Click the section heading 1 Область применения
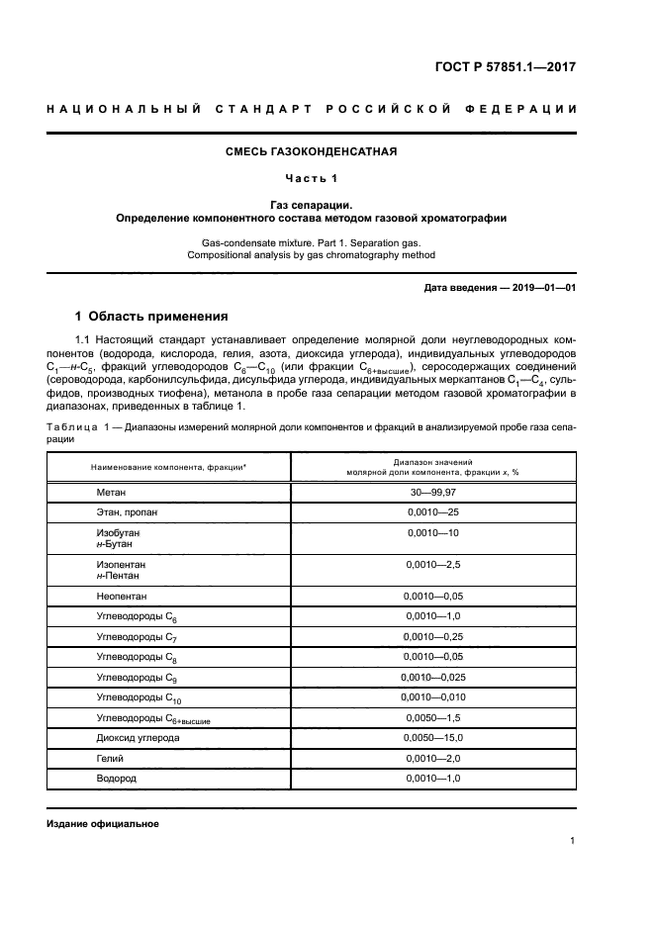tap(151, 317)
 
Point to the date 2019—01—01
tap(540, 287)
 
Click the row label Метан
tap(111, 492)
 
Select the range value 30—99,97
tap(432, 492)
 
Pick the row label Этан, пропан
tap(126, 512)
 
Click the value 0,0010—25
tap(432, 512)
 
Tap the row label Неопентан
tap(123, 598)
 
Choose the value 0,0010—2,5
tap(432, 564)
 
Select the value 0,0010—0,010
tap(432, 697)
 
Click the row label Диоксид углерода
tap(139, 738)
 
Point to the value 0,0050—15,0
tap(432, 738)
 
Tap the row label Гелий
tap(110, 759)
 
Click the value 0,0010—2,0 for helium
tap(432, 759)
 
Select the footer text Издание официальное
tap(103, 823)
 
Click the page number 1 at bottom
tap(573, 841)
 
